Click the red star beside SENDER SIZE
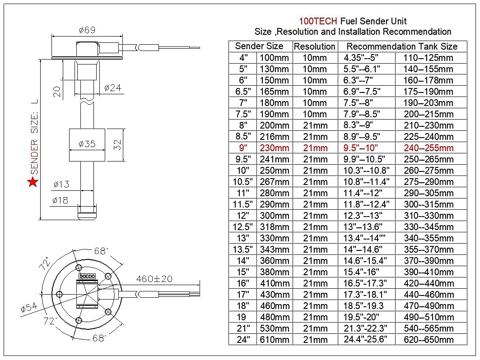33,182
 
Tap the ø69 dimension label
87,30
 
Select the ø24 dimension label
112,88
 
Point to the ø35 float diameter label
87,144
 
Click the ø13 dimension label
61,184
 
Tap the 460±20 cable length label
154,279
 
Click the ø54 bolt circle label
28,308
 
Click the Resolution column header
314,46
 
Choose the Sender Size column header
259,46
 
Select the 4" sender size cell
243,58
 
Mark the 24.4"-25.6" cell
366,340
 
